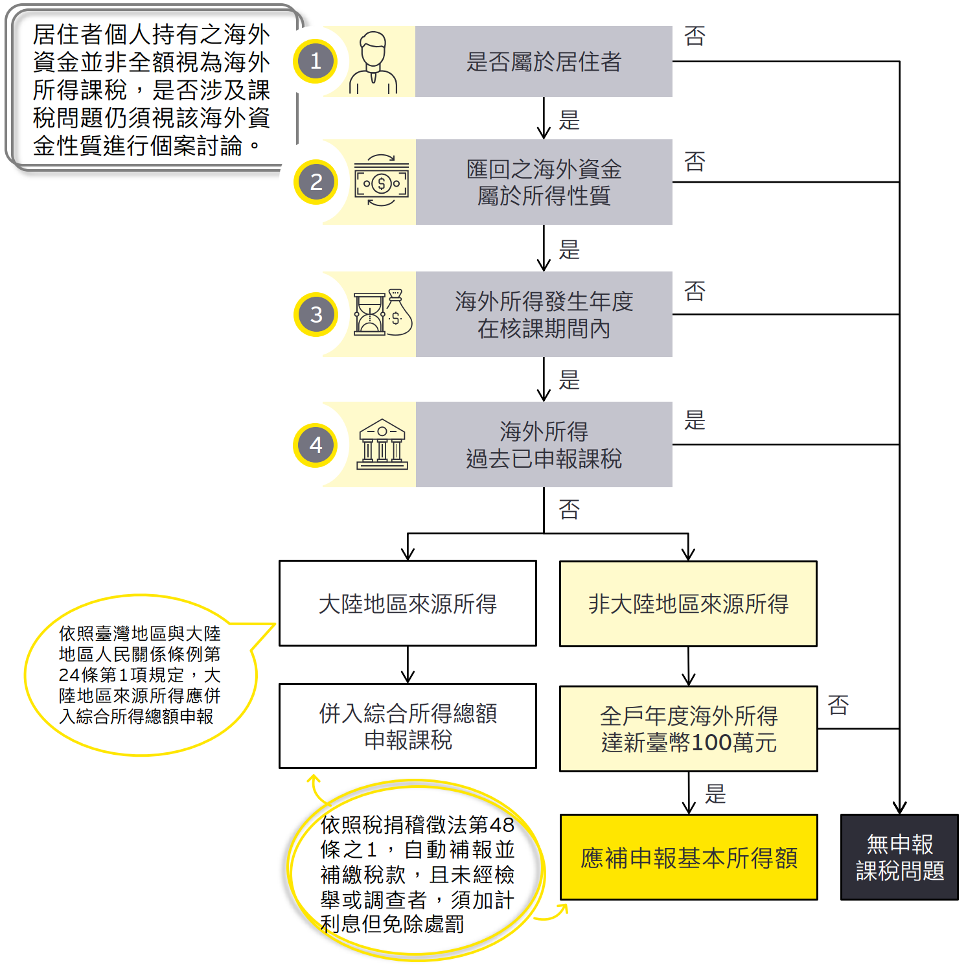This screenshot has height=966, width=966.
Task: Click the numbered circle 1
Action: pyautogui.click(x=316, y=62)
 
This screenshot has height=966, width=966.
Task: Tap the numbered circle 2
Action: pyautogui.click(x=316, y=182)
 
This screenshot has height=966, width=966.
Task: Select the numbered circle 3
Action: pyautogui.click(x=316, y=314)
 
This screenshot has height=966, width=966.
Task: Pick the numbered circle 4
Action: pyautogui.click(x=316, y=445)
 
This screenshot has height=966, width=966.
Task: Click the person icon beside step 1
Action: pyautogui.click(x=373, y=63)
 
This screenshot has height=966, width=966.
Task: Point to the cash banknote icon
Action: pyautogui.click(x=382, y=181)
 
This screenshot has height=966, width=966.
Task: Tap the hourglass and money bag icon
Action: pyautogui.click(x=382, y=313)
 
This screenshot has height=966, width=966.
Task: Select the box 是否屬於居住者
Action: pyautogui.click(x=544, y=62)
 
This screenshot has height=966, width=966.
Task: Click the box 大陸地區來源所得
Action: pyautogui.click(x=408, y=603)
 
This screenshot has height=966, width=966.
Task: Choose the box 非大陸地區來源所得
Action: pyautogui.click(x=688, y=604)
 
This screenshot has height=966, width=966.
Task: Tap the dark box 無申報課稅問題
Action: pyautogui.click(x=899, y=857)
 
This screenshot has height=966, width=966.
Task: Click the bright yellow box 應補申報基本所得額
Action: pyautogui.click(x=689, y=857)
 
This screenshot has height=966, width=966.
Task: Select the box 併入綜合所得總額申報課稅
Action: pyautogui.click(x=408, y=726)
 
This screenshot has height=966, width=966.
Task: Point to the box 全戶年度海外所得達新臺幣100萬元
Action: pyautogui.click(x=689, y=729)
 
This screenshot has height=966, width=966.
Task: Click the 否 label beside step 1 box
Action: pyautogui.click(x=695, y=36)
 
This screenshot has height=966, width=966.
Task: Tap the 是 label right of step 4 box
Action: pyautogui.click(x=695, y=420)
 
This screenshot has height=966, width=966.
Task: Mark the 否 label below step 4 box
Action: pyautogui.click(x=569, y=509)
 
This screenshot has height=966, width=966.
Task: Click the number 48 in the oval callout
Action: pyautogui.click(x=501, y=825)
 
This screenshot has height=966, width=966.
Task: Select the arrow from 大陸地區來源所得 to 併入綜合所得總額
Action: pyautogui.click(x=408, y=665)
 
